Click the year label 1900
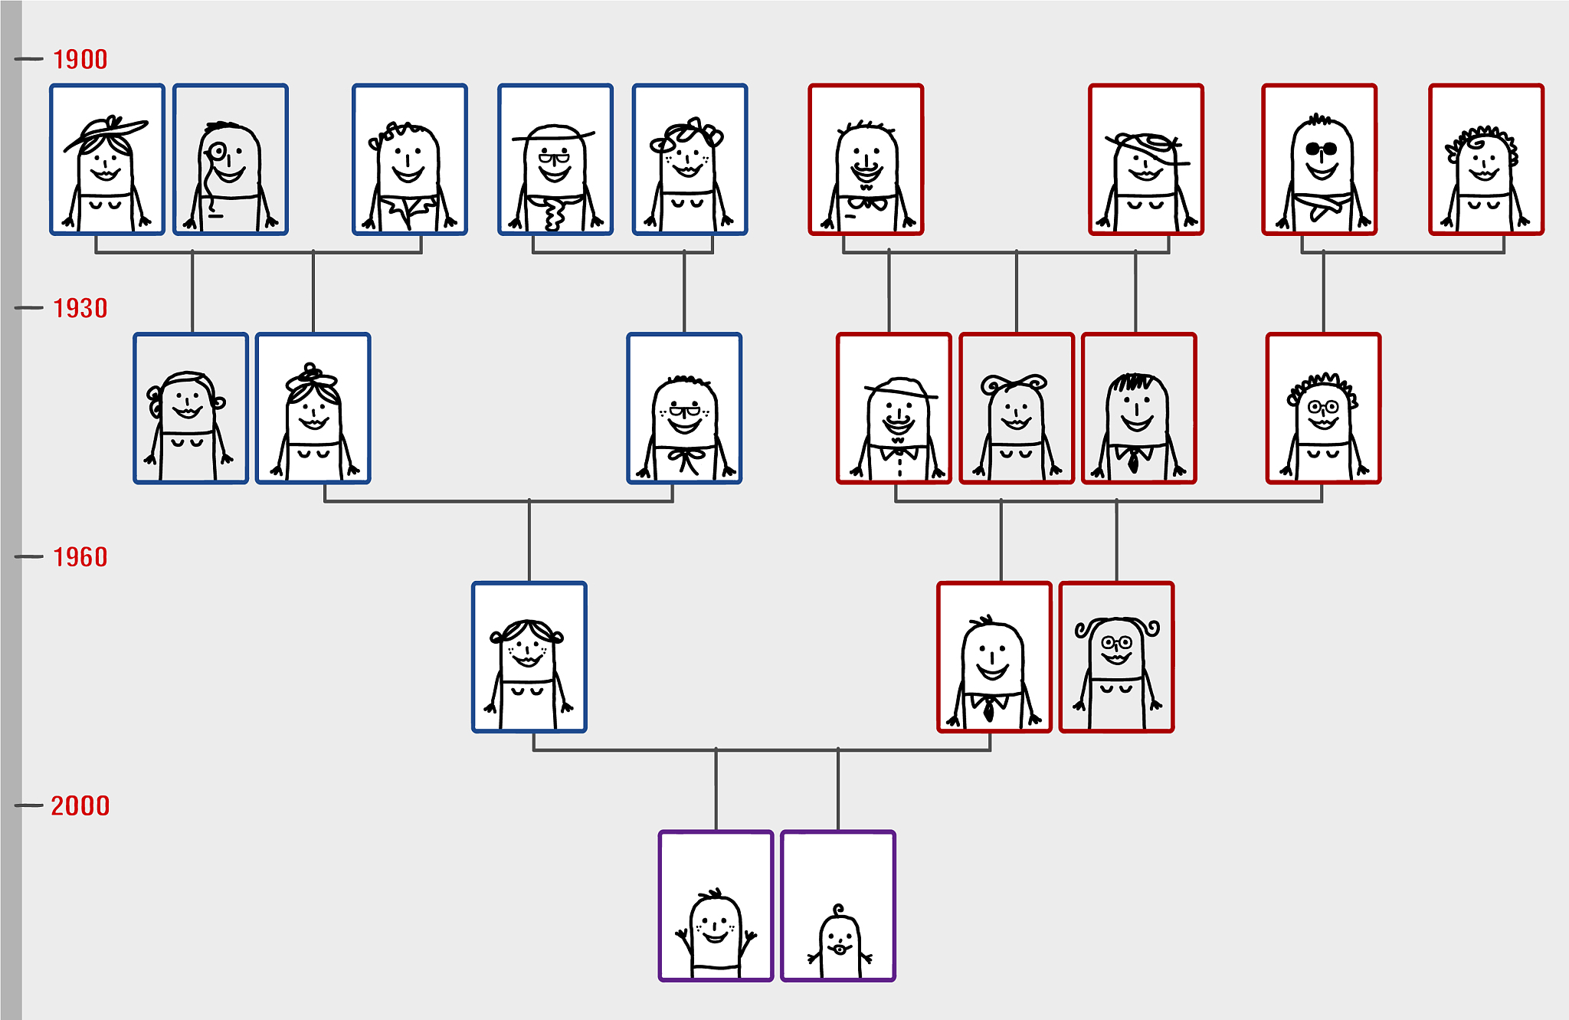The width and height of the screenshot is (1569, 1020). [80, 59]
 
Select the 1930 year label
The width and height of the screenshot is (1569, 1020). [80, 308]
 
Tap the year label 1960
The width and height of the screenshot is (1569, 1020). [80, 557]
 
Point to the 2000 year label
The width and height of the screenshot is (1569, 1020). [80, 805]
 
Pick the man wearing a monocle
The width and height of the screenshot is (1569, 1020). [230, 176]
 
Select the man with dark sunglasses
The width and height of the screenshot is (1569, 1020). [1319, 172]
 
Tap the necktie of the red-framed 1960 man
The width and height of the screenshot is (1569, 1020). [988, 710]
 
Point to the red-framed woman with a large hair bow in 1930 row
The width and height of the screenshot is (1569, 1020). [1017, 425]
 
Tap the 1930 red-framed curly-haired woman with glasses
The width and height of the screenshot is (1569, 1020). [1323, 425]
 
